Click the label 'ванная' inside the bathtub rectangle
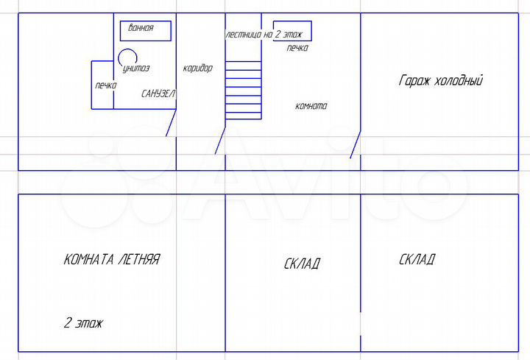(x=141, y=27)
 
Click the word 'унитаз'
(x=136, y=68)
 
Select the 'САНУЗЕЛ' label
(x=158, y=93)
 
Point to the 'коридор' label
(x=198, y=68)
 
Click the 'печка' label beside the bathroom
(x=106, y=85)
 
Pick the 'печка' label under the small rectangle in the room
(x=297, y=48)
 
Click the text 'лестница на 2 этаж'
(x=264, y=34)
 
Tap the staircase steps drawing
(x=244, y=91)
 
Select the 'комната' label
(x=311, y=106)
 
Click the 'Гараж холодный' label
(x=441, y=80)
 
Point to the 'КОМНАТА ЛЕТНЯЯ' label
(x=112, y=259)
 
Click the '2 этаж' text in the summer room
(x=83, y=322)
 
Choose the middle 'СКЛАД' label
(x=302, y=264)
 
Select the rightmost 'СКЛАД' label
(x=417, y=259)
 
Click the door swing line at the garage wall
(x=356, y=144)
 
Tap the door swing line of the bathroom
(x=171, y=123)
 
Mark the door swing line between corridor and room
(x=220, y=141)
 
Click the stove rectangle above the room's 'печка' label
(x=292, y=21)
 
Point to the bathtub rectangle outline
(x=146, y=21)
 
